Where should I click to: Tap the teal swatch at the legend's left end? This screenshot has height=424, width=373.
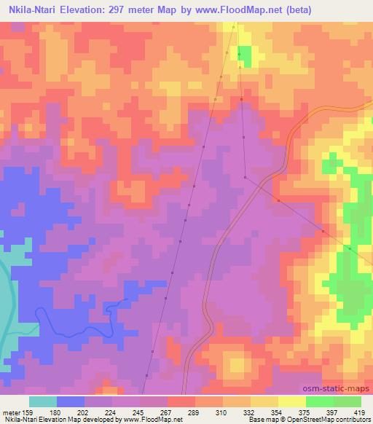[x=43, y=401]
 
